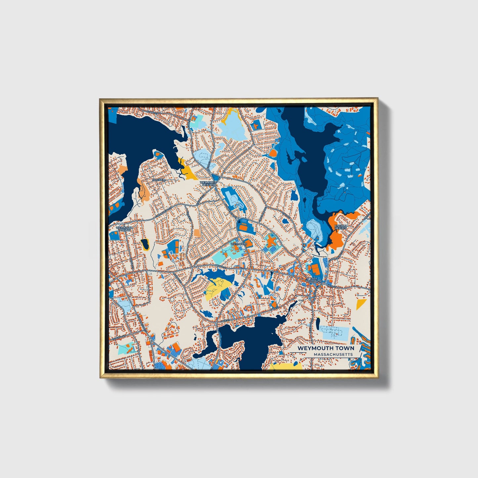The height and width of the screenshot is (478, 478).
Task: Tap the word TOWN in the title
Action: (x=345, y=348)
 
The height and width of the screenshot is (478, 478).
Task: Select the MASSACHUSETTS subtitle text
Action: (x=333, y=354)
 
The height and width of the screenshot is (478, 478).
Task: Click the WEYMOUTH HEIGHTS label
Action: (x=208, y=183)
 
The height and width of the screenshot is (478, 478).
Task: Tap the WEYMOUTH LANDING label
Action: (x=124, y=229)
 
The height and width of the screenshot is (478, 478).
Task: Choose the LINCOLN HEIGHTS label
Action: (x=340, y=227)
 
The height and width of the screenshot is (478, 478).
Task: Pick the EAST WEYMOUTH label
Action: (x=313, y=280)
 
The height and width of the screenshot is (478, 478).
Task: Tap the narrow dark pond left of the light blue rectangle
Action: (x=318, y=323)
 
